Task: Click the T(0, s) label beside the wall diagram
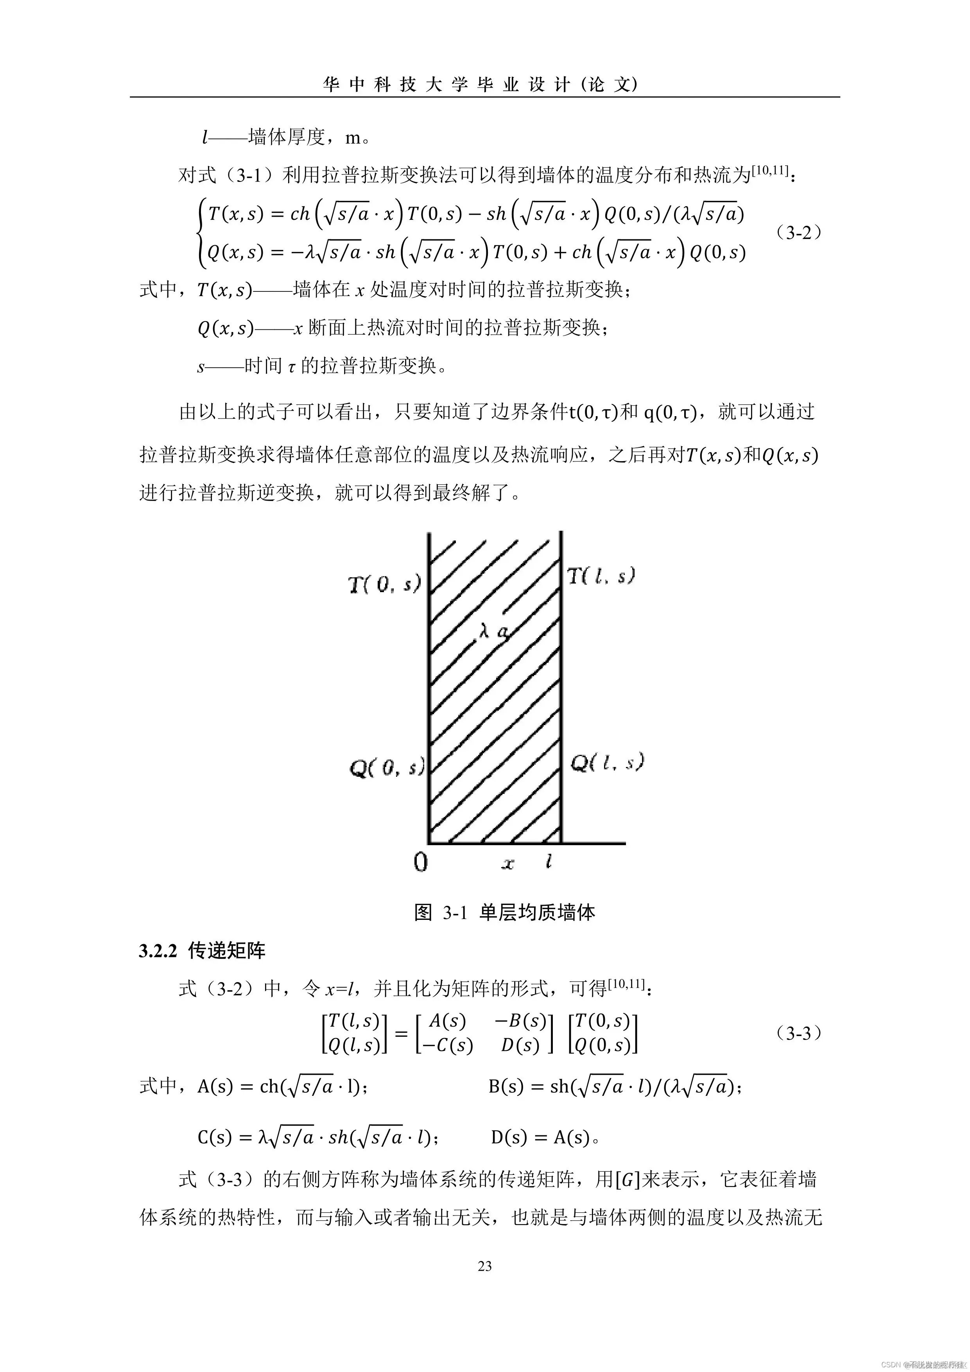(x=385, y=584)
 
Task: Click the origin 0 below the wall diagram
(x=421, y=862)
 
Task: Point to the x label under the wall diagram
(x=508, y=864)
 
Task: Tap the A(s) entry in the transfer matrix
(x=447, y=1021)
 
